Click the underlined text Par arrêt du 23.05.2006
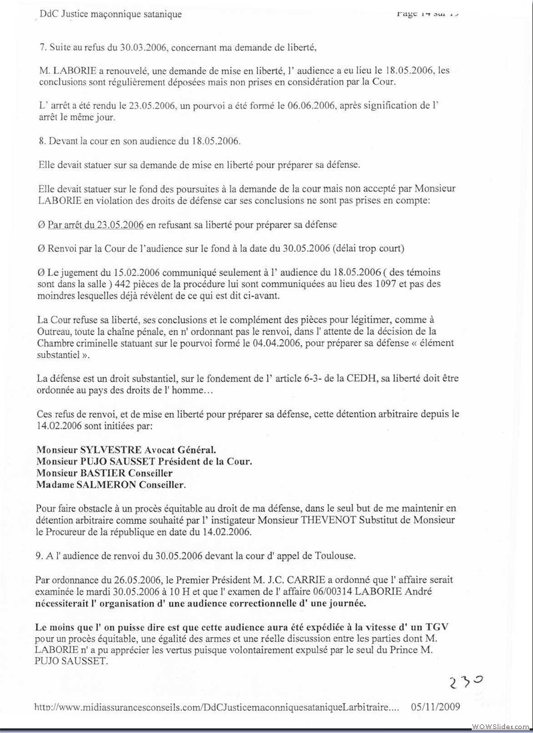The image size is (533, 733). click(96, 225)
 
